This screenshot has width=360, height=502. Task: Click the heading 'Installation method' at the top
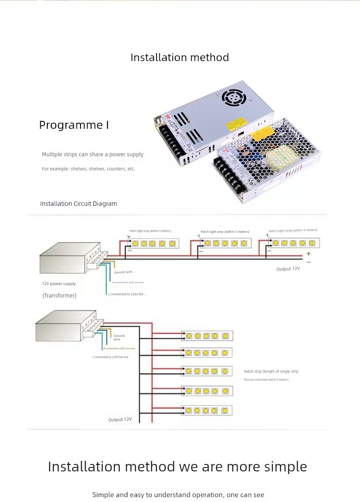[180, 58]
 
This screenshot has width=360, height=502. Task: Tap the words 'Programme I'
[74, 125]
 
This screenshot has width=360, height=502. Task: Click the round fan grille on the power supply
[233, 97]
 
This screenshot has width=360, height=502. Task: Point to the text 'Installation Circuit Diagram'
[79, 204]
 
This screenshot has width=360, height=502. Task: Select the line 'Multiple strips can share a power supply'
[93, 154]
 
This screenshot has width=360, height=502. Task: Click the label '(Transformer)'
[59, 295]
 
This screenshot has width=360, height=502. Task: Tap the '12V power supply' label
[59, 284]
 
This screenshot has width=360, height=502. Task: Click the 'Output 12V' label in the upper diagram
[288, 269]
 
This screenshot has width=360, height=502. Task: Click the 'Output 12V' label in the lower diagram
[120, 419]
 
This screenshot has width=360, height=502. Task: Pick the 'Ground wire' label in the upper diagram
[123, 272]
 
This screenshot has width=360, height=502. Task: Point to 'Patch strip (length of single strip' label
[271, 371]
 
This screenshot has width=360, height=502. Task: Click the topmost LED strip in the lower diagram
[207, 336]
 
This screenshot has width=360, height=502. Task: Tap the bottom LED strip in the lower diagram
[207, 410]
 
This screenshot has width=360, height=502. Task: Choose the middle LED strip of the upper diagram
[225, 243]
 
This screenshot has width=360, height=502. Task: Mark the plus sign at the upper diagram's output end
[308, 254]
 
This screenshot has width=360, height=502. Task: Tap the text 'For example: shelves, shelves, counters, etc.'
[88, 169]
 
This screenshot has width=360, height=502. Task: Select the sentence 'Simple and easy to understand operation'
[178, 494]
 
